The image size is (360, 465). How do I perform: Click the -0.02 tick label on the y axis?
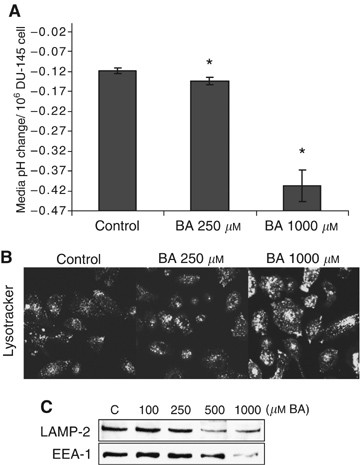(65, 32)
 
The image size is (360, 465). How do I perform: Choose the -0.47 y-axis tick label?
(65, 210)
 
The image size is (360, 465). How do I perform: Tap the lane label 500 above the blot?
(232, 412)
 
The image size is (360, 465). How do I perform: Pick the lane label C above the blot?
(116, 412)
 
